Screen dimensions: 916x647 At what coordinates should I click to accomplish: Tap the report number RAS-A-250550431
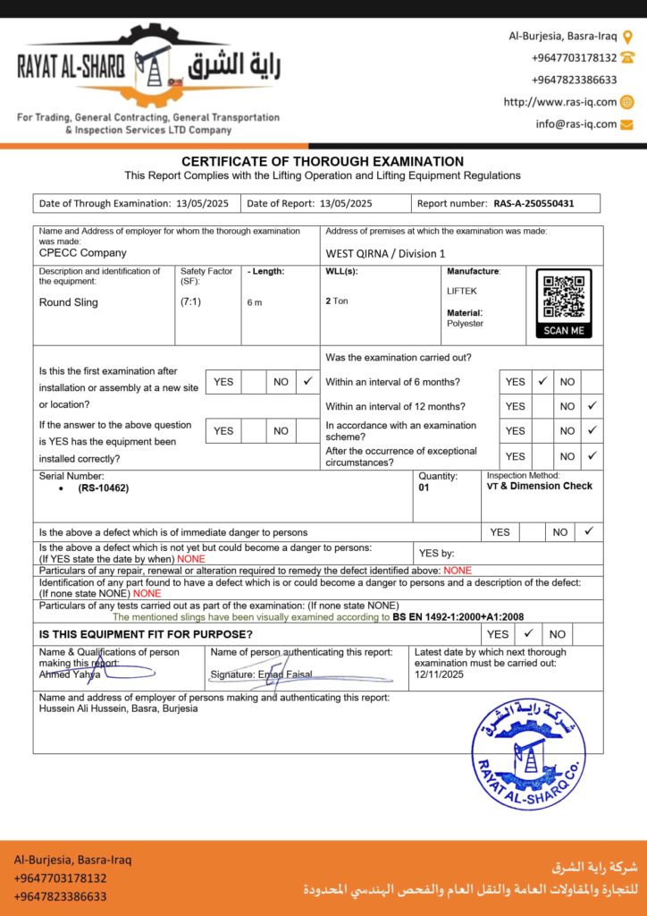point(534,203)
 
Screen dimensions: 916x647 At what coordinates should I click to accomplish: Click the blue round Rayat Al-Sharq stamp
point(529,754)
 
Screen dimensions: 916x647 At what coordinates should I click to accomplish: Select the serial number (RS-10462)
point(103,488)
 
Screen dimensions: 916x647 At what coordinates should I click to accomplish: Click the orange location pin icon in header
point(627,37)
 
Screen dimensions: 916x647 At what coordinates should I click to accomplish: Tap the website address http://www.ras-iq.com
point(560,102)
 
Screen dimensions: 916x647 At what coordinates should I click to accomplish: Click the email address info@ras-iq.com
point(576,124)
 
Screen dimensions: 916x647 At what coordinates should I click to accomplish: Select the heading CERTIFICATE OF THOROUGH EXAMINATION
point(323,161)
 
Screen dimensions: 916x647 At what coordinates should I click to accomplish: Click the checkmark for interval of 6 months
point(542,381)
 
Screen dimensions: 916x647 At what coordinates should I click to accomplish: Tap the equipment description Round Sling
point(69,302)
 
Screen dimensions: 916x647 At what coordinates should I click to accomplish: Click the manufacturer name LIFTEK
point(462,292)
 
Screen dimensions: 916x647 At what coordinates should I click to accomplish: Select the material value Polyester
point(465,324)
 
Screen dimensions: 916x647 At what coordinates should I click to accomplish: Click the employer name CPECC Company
point(83,253)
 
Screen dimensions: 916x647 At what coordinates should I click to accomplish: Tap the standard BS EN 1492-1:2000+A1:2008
point(458,617)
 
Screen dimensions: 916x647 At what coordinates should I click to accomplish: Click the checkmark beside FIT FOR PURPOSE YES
point(528,633)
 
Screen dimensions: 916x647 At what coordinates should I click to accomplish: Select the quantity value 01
point(424,488)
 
